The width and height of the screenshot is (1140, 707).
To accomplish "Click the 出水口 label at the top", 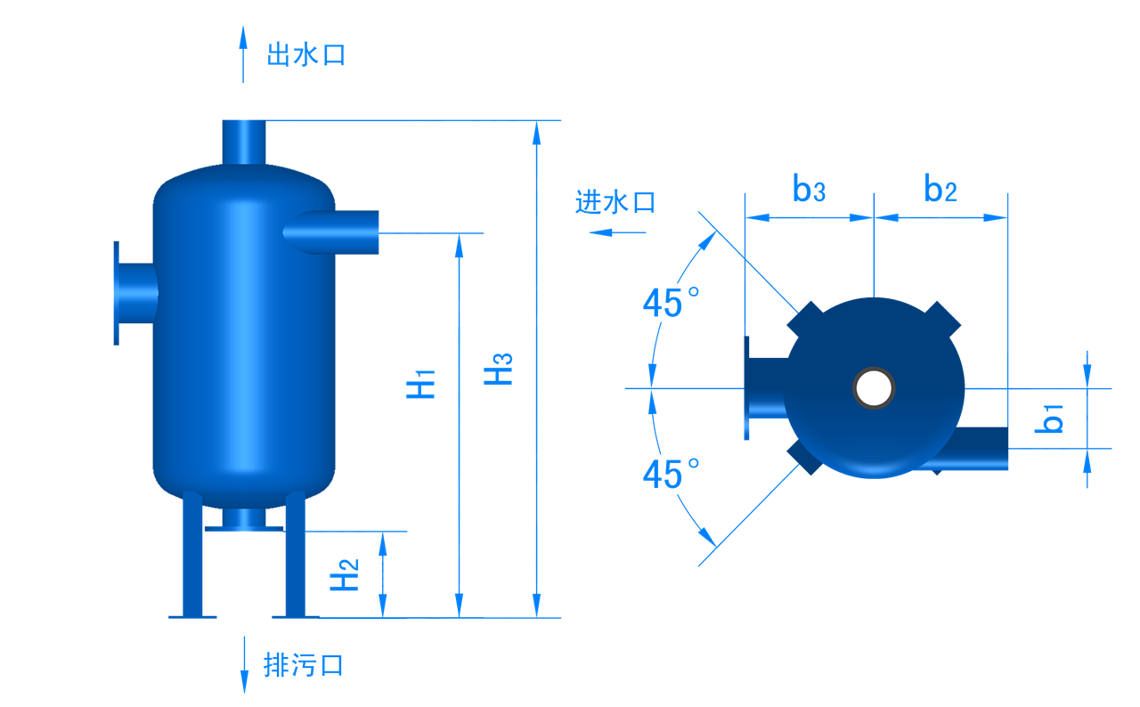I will pos(305,55).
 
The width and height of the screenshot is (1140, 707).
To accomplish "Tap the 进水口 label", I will pos(615,202).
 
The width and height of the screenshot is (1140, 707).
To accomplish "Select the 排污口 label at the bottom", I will pos(303,665).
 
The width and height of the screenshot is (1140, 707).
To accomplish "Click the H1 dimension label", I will pos(421,384).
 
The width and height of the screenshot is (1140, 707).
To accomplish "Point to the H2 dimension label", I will pos(346,575).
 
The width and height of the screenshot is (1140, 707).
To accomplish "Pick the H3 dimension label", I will pos(500,370).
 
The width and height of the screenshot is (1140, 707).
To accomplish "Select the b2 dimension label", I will pos(940,189).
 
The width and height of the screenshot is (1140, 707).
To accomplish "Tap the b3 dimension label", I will pos(809,189).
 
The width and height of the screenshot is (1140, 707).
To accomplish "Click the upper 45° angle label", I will pos(671,304).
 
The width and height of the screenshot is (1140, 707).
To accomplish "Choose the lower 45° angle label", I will pos(671,475).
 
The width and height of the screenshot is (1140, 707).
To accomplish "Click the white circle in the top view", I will pos(874,388).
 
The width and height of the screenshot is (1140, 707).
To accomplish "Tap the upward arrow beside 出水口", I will pos(243,53).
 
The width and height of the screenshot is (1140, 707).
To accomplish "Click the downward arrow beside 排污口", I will pos(244,664).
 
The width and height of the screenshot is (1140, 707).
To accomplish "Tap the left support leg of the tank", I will pos(191,557).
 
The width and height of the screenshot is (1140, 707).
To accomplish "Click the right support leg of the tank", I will pos(295,557).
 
